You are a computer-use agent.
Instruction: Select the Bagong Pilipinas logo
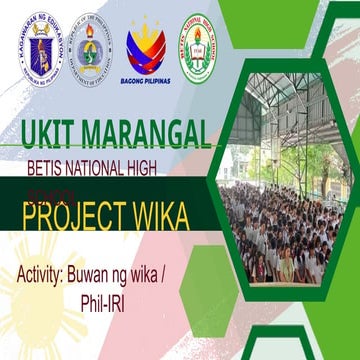(145, 50)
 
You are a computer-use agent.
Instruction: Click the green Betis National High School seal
(196, 47)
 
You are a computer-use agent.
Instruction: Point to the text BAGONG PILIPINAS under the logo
(145, 81)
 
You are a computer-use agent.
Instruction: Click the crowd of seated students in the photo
(270, 240)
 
